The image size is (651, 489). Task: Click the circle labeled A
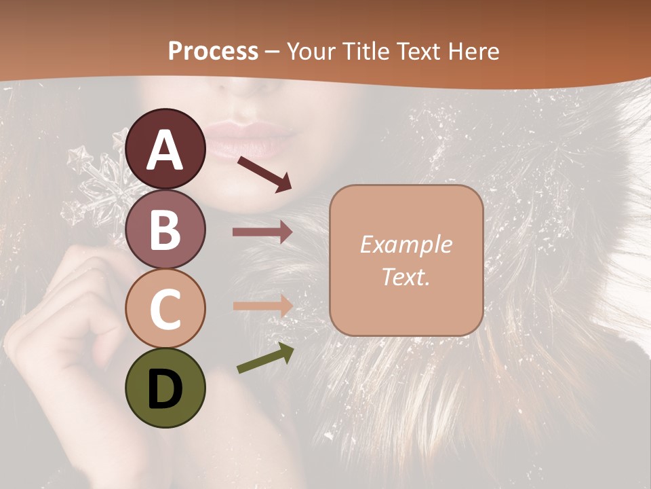pos(165,149)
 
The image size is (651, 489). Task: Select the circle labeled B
pos(165,230)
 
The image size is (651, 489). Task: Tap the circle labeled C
pos(165,308)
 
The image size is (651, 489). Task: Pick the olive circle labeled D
pos(165,388)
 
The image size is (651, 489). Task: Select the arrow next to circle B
pos(262,232)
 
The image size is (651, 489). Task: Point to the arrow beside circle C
pos(262,306)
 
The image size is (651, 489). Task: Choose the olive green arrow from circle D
pos(265,359)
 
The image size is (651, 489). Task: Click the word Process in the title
pos(214,51)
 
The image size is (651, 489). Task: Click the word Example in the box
pos(406,244)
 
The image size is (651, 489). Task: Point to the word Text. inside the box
pos(406,276)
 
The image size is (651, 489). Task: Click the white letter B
pos(165,230)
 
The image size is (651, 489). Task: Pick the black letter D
pos(165,388)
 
